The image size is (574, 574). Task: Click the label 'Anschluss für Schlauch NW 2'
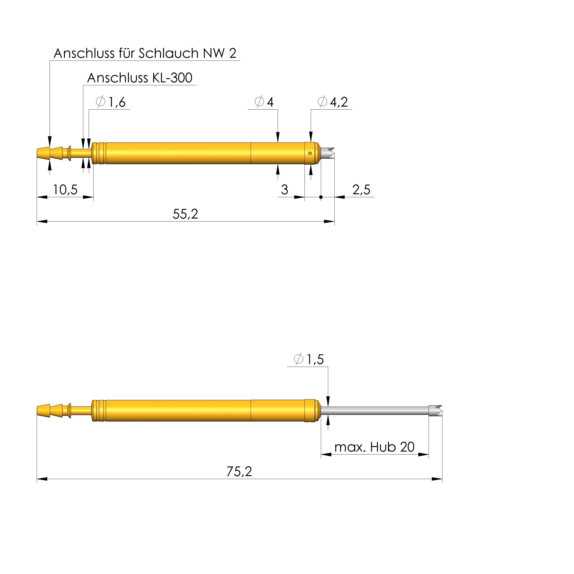point(145,53)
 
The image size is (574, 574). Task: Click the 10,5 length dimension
point(65,190)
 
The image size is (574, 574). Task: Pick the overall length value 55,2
point(185,214)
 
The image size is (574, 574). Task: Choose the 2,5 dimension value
point(361,190)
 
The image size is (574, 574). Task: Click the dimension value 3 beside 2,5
point(284,190)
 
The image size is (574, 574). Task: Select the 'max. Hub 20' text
point(374,447)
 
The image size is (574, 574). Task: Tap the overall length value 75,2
point(239,471)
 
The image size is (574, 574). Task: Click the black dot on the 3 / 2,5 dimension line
point(321,197)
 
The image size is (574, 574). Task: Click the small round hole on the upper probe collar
point(310,153)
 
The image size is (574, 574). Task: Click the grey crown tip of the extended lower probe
point(435,410)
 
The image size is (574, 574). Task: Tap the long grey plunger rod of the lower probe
point(374,410)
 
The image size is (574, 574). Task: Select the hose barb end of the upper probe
point(49,153)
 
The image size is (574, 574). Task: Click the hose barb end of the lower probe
point(49,410)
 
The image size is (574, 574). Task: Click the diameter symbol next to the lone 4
point(259,102)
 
